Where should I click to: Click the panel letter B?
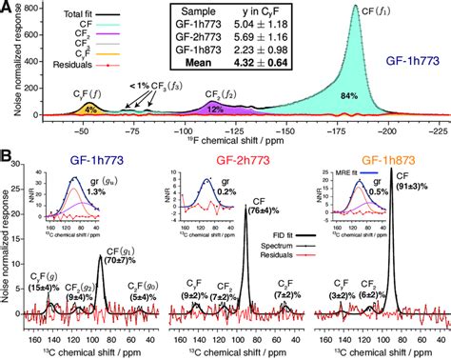point(8,153)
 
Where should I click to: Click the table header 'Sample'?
point(222,10)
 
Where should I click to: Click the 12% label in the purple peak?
point(210,110)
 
